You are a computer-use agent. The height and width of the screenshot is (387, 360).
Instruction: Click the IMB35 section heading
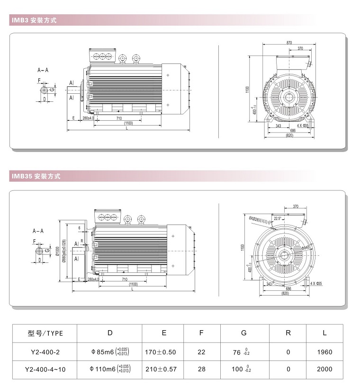click(35, 176)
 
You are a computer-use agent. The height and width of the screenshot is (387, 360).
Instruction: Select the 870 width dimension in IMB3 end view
click(289, 43)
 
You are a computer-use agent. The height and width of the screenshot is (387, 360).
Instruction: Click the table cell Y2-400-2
click(45, 352)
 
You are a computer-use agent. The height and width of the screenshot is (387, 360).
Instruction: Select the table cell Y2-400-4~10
click(45, 369)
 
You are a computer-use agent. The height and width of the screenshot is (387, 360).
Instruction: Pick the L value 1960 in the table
click(324, 352)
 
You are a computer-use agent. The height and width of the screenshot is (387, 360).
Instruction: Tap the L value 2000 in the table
click(324, 369)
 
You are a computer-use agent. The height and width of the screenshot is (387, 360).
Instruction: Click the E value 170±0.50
click(163, 352)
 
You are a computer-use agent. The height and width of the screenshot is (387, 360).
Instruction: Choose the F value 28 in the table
click(201, 369)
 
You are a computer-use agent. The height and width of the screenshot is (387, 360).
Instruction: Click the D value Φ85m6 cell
click(109, 352)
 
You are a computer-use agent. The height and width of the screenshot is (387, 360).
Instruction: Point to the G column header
click(243, 333)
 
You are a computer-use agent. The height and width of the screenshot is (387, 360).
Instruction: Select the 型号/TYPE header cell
click(45, 333)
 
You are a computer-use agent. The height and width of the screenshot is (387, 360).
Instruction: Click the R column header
click(288, 333)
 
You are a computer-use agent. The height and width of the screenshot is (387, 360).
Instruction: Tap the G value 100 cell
click(243, 369)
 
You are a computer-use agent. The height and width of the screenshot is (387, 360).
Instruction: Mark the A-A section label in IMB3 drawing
click(43, 70)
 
